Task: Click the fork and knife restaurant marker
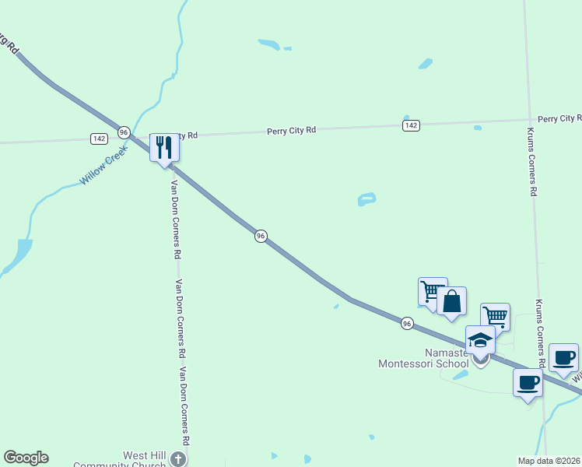click(x=163, y=147)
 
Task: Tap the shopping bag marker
click(x=451, y=301)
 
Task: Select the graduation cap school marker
click(x=480, y=340)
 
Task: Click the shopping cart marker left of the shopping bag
click(x=432, y=292)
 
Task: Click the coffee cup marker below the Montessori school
click(x=528, y=383)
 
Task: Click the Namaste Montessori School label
click(x=424, y=358)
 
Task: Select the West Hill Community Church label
click(x=121, y=460)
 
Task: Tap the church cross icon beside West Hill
click(x=178, y=459)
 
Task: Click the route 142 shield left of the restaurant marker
click(x=99, y=139)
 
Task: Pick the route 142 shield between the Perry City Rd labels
click(x=412, y=125)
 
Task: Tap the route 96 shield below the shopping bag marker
click(x=407, y=322)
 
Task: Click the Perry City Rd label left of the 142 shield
click(x=291, y=130)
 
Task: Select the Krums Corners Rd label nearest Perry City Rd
click(x=531, y=161)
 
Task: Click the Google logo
click(x=26, y=458)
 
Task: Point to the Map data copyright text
click(x=549, y=461)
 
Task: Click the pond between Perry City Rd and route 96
click(x=366, y=199)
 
